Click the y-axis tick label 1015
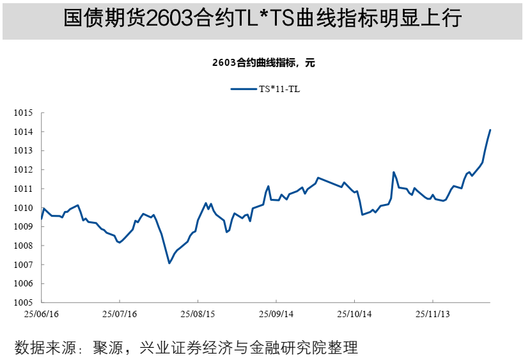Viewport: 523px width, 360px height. coord(23,113)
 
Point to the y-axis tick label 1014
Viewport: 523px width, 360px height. coord(23,132)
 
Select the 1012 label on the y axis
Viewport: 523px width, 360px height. coord(23,170)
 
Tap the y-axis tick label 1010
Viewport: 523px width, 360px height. coord(23,208)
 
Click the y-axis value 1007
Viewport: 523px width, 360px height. coord(23,265)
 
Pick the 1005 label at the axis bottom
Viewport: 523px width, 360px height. coord(23,302)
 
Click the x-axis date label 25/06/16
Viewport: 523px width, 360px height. coord(42,315)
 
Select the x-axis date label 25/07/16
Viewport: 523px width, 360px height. coord(120,315)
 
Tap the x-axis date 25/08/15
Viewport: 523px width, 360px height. coord(198,315)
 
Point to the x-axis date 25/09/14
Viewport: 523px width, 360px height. coord(276,315)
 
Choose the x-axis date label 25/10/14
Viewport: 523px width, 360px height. coord(355,315)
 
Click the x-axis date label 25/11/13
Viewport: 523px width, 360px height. coord(433,315)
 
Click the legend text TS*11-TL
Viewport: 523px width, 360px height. coord(279,89)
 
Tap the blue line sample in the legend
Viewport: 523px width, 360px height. coord(243,89)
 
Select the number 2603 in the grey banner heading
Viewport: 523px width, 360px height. coord(168,19)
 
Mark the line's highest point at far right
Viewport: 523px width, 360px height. coord(490,130)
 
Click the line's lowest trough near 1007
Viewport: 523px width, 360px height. coord(169,263)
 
